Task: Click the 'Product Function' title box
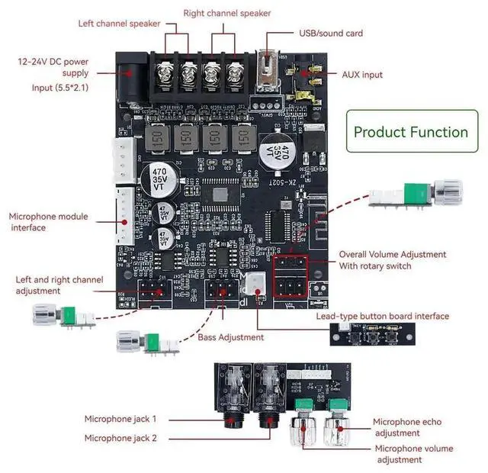pos(410,132)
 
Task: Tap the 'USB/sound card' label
pos(330,33)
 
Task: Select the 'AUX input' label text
pos(362,75)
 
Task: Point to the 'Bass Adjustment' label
pos(230,337)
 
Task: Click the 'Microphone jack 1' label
pos(120,419)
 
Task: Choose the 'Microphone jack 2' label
pos(120,438)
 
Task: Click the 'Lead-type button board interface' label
pos(382,316)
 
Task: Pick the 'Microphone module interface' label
pos(48,222)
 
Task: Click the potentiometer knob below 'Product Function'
pos(446,191)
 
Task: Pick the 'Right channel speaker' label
pos(227,13)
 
